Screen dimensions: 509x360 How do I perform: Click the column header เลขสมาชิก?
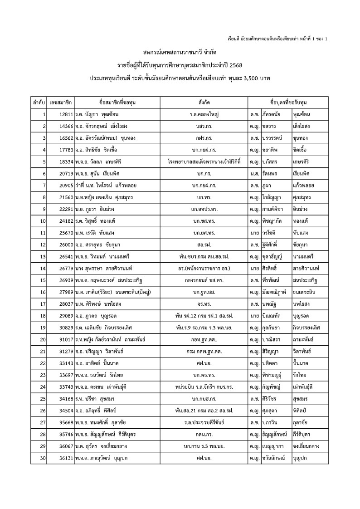[61, 103]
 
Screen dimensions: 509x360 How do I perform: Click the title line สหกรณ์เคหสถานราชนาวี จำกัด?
[180, 52]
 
